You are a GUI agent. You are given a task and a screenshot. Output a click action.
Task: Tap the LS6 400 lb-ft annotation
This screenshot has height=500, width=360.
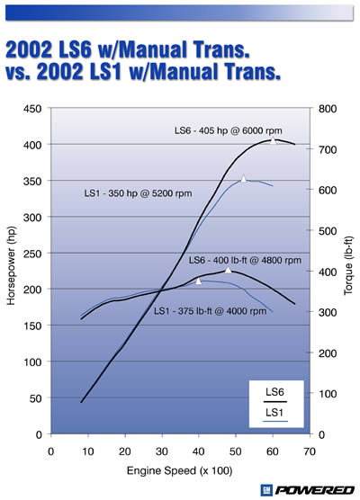(238, 259)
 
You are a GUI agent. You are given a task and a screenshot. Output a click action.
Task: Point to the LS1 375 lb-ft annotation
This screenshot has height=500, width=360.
(210, 311)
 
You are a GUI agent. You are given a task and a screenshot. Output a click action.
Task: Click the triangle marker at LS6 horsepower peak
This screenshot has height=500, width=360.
(274, 140)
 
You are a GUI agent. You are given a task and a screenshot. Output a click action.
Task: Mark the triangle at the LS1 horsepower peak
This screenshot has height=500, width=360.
(243, 179)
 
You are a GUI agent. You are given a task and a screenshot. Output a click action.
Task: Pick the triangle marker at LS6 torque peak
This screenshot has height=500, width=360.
(228, 270)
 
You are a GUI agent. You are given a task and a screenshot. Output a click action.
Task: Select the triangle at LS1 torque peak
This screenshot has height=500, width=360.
(199, 281)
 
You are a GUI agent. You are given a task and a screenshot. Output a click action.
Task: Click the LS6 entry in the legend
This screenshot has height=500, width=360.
(276, 392)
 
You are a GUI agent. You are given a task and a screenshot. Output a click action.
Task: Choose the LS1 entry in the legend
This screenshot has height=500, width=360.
(276, 413)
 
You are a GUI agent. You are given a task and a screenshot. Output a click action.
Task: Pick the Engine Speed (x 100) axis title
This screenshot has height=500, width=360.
(180, 469)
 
